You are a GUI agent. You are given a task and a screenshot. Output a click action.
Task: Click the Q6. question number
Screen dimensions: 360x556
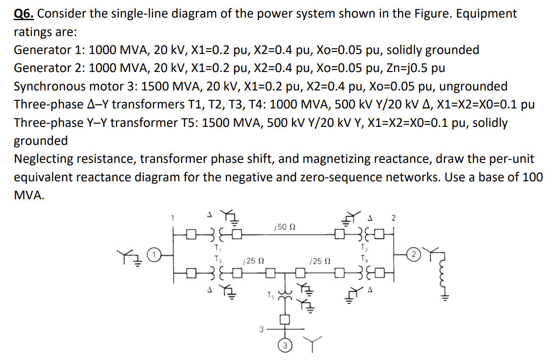pos(25,14)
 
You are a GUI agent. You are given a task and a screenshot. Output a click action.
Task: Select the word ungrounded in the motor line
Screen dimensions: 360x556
pos(473,86)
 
